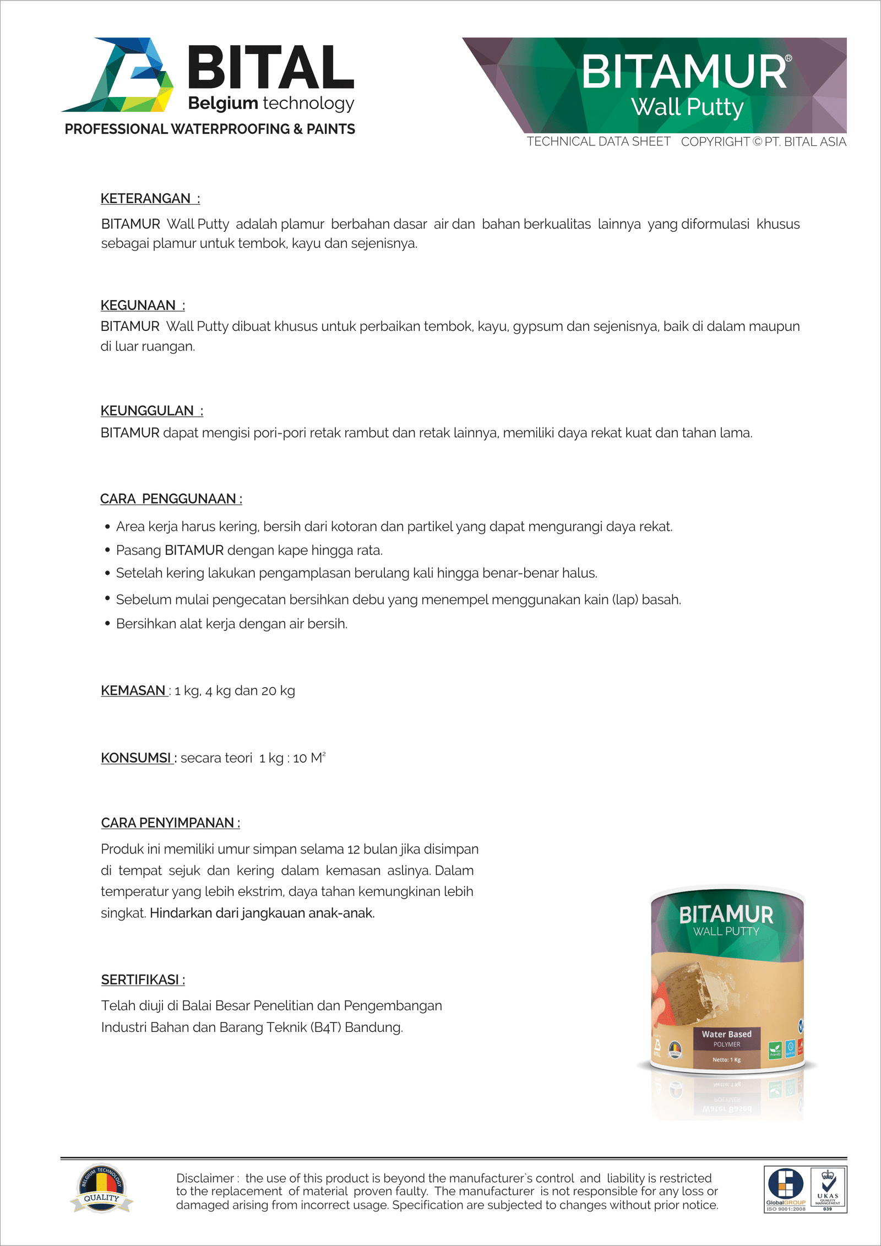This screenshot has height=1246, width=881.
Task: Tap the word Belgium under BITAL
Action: click(x=223, y=103)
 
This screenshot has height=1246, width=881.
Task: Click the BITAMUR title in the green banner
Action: click(x=684, y=72)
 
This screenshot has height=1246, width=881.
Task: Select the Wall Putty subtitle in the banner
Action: click(x=687, y=107)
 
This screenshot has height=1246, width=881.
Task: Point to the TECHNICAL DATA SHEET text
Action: click(x=599, y=142)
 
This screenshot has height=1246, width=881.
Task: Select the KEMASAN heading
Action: click(x=134, y=690)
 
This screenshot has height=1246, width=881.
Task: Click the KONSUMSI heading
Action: click(x=137, y=758)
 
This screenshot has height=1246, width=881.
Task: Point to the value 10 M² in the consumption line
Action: click(x=309, y=758)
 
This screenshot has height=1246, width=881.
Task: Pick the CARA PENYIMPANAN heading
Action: click(x=170, y=823)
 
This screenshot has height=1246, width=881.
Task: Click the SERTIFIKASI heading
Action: click(x=143, y=980)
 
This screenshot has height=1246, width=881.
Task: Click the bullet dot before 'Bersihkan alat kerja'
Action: click(x=107, y=623)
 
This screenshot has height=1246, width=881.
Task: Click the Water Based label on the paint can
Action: click(x=726, y=1035)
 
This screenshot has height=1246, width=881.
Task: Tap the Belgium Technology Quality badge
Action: click(x=101, y=1188)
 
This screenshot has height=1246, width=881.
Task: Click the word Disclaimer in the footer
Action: click(x=205, y=1178)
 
